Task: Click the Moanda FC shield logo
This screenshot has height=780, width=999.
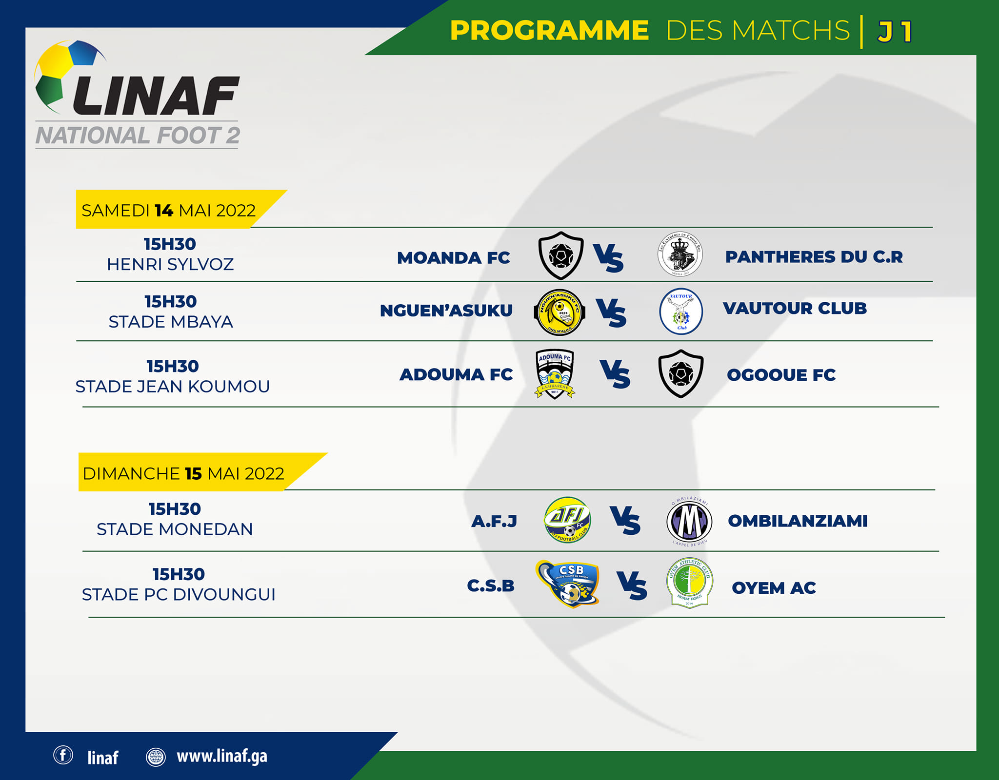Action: point(561,255)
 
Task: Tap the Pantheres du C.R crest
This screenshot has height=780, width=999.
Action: point(680,254)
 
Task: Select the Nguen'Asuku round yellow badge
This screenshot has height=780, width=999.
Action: point(559,312)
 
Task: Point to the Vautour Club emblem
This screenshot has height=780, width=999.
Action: point(681,311)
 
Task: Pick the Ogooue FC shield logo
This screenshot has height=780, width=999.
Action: point(681,374)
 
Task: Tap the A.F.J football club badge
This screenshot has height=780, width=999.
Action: point(567,520)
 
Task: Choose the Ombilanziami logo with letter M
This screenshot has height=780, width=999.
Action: point(689,521)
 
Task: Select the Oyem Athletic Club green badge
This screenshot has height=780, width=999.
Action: point(689,583)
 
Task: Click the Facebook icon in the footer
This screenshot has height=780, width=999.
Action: point(63,755)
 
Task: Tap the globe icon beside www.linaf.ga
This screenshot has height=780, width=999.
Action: point(156,757)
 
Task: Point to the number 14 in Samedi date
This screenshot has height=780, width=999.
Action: point(164,211)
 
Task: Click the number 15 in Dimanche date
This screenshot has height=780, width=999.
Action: point(193,474)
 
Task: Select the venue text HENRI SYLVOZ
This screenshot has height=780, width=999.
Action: point(170,264)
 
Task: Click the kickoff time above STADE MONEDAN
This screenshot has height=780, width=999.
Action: point(175,509)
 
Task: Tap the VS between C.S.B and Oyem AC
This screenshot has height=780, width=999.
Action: point(632,585)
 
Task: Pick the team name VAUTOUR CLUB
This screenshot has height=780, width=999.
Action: point(795,308)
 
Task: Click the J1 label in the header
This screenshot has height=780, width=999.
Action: point(895,32)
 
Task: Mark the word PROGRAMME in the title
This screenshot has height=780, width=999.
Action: point(549,30)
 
